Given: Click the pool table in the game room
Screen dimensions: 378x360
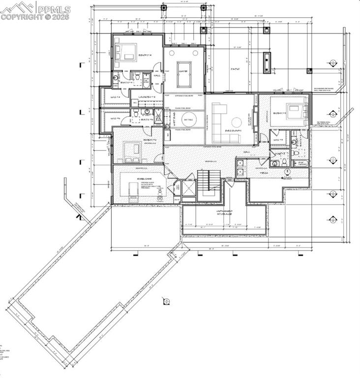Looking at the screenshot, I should (x=184, y=67).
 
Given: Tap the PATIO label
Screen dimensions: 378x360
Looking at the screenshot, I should (x=235, y=69).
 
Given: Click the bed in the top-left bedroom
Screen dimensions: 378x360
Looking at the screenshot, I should (x=126, y=52).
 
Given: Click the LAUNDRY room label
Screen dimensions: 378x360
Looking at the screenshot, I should (x=147, y=97).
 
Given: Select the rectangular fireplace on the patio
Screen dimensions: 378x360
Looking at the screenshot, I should (x=268, y=62).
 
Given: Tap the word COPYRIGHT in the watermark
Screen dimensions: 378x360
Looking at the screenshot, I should (x=22, y=16).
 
